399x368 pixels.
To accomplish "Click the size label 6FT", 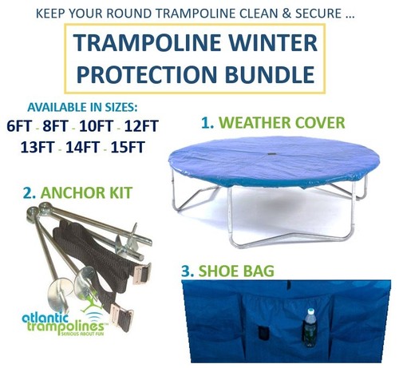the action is (x=19, y=126).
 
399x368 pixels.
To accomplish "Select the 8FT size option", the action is (x=56, y=126).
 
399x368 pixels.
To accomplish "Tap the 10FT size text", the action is (x=97, y=126).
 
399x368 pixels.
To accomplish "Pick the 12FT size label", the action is (x=141, y=126).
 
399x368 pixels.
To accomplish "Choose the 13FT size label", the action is (x=38, y=147).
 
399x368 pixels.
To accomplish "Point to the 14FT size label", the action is (x=83, y=147).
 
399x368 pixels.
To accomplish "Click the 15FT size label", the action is (x=128, y=147).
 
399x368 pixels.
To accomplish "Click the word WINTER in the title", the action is (x=273, y=42).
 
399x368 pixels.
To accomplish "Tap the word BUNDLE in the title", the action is (x=270, y=73).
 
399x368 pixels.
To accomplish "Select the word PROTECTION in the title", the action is (x=146, y=73).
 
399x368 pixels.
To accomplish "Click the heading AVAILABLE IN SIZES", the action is (x=83, y=107).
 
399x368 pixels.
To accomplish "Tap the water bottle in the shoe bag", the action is (x=310, y=327).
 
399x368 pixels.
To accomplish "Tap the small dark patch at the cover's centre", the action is (x=271, y=154).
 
